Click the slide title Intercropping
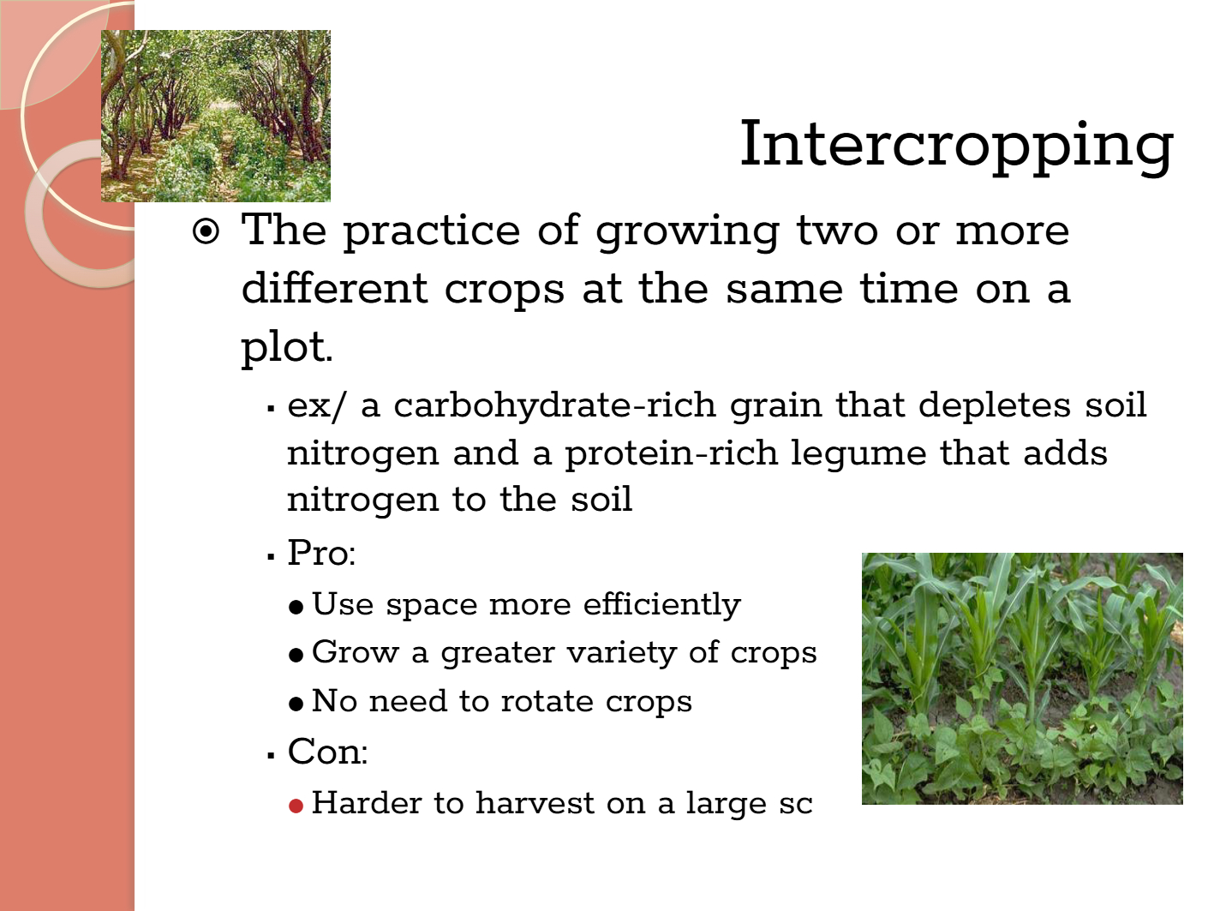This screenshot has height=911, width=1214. [x=957, y=146]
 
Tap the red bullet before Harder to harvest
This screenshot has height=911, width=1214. [x=296, y=806]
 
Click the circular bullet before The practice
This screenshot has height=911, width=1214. [x=206, y=231]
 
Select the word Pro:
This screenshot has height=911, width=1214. [x=321, y=553]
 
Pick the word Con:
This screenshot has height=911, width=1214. [x=327, y=752]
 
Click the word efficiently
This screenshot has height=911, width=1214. [x=661, y=604]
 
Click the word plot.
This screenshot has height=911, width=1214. [x=286, y=348]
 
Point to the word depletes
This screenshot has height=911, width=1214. [x=995, y=406]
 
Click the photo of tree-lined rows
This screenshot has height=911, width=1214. [x=216, y=116]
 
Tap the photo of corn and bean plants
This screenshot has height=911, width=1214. [x=1022, y=678]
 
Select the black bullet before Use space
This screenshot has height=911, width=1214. [x=296, y=607]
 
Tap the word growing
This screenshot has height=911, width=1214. [x=687, y=232]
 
